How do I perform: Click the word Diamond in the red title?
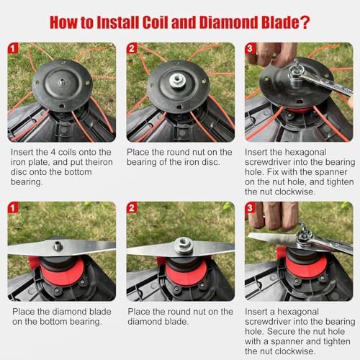pyautogui.click(x=228, y=22)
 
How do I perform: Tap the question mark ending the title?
pyautogui.click(x=304, y=22)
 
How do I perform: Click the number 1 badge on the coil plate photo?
pyautogui.click(x=13, y=48)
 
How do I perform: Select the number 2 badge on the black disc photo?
pyautogui.click(x=132, y=48)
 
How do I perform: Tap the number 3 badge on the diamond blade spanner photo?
pyautogui.click(x=250, y=207)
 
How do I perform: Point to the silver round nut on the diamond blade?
pyautogui.click(x=184, y=246)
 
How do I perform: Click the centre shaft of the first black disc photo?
pyautogui.click(x=62, y=82)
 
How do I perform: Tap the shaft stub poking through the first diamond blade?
pyautogui.click(x=58, y=246)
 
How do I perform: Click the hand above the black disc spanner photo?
pyautogui.click(x=272, y=54)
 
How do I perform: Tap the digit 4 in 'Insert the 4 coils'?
pyautogui.click(x=53, y=152)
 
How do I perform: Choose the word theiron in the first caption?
pyautogui.click(x=99, y=162)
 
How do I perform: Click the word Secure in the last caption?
pyautogui.click(x=280, y=331)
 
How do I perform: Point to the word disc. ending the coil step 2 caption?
pyautogui.click(x=210, y=162)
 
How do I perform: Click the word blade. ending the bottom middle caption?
pyautogui.click(x=176, y=322)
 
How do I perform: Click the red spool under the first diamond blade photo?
pyautogui.click(x=62, y=272)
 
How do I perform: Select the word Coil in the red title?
pyautogui.click(x=156, y=22)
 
